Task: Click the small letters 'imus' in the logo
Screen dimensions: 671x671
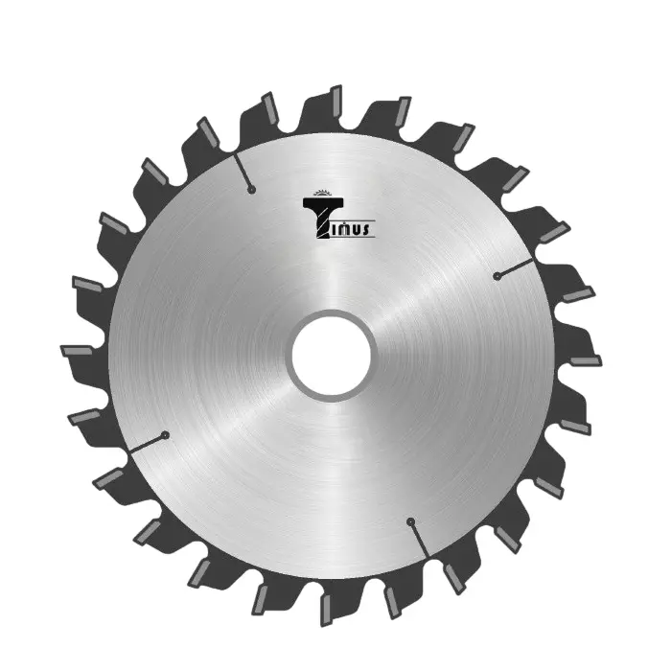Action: coord(352,228)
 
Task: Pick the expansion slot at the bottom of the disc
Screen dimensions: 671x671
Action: coord(420,540)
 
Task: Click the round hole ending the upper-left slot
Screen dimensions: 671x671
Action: coord(251,190)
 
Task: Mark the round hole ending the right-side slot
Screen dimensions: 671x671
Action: coord(497,276)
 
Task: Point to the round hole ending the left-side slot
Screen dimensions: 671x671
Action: coord(165,435)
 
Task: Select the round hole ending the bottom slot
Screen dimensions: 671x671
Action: coord(410,521)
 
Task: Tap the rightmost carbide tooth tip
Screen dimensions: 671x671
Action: coord(587,360)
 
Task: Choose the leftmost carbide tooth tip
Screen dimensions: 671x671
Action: coord(76,351)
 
